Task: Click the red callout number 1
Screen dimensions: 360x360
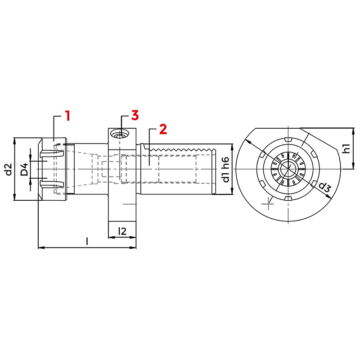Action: [x=67, y=116]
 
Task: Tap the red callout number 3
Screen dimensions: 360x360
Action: [x=135, y=115]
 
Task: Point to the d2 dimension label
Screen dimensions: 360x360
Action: [x=9, y=169]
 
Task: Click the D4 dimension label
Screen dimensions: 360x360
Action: [x=24, y=169]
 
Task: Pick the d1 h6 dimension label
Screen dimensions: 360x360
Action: [x=226, y=170]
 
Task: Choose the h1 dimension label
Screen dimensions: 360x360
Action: [x=346, y=149]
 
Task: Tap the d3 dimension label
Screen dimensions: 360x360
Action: [x=324, y=187]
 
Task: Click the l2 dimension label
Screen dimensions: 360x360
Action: [x=122, y=231]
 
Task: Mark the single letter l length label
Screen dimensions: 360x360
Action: [x=87, y=241]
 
